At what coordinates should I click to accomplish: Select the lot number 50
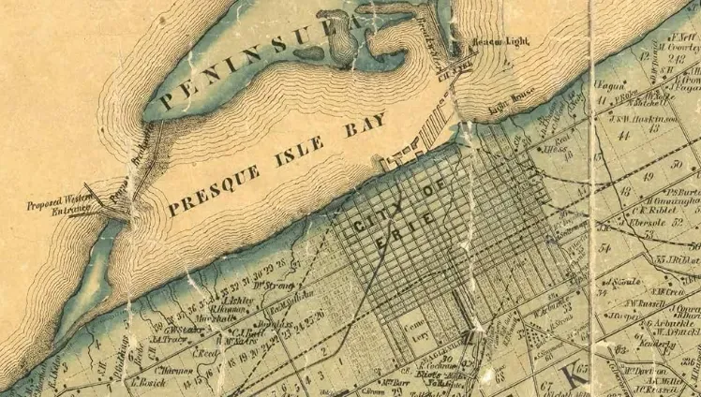pyautogui.click(x=678, y=165)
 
